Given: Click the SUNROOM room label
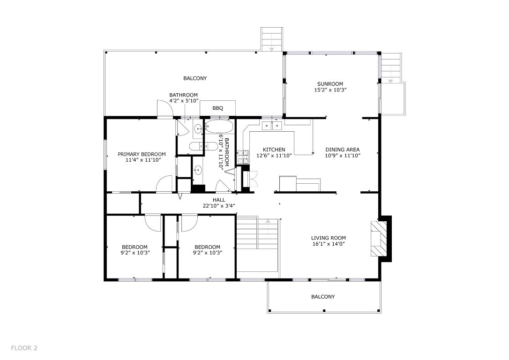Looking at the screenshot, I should tap(330, 84).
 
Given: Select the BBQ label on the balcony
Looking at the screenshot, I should tap(217, 108).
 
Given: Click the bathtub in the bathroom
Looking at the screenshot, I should tap(219, 127).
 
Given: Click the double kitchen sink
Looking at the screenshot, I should tap(272, 125).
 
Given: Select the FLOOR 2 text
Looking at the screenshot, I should tap(24, 348).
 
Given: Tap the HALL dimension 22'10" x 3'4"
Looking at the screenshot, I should tap(219, 205).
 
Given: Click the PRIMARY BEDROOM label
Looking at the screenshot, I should tap(142, 154).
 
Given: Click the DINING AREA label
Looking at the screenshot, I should tap(343, 150).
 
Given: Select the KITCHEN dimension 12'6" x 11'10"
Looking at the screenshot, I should tap(274, 156).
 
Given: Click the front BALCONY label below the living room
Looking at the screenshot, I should tap(323, 297).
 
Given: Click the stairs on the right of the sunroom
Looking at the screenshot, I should tap(390, 68).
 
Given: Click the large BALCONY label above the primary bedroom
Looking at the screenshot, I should tap(195, 78).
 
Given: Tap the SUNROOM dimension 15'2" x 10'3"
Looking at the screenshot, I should tap(330, 90).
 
